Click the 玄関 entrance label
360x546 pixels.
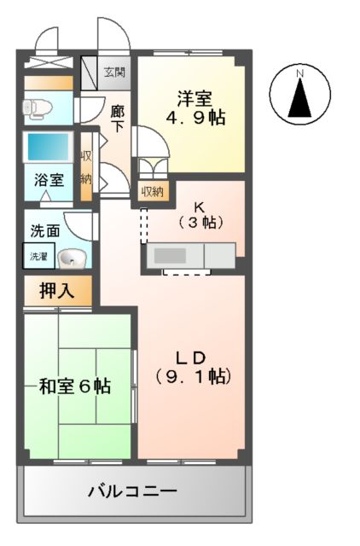[114, 72]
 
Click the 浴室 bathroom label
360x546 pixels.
[48, 181]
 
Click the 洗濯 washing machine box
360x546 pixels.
[38, 257]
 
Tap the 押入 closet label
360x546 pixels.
[56, 290]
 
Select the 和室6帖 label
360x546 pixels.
[75, 386]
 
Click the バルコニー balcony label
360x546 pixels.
[132, 492]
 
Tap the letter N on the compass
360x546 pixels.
[300, 75]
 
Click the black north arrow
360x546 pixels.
[300, 99]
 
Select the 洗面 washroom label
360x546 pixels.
[44, 230]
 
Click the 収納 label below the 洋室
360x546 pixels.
[153, 192]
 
